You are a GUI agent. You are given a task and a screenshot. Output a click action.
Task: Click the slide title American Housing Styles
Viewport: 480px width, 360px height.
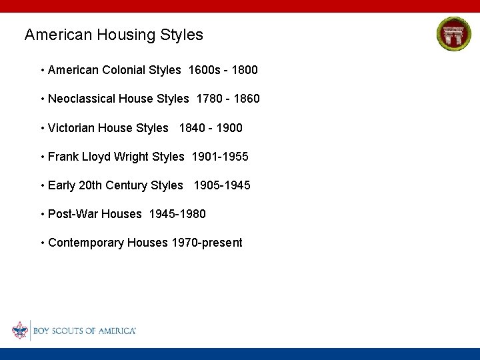click(113, 35)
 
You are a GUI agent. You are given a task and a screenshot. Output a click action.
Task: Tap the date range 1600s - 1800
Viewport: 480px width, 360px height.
click(223, 70)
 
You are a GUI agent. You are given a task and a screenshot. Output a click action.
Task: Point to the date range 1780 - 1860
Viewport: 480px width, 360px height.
click(228, 99)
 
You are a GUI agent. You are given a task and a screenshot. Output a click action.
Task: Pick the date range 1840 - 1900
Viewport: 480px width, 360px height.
click(211, 127)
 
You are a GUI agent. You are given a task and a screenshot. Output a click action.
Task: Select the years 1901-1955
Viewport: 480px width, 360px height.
click(220, 157)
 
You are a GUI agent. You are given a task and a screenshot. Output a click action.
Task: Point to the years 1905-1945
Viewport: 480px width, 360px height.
click(222, 185)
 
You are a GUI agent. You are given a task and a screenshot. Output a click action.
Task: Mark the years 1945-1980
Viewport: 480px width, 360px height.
click(177, 214)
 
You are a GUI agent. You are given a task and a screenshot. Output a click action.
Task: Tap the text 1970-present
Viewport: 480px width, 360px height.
click(207, 243)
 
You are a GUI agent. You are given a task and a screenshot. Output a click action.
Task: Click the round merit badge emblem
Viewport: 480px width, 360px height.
click(453, 34)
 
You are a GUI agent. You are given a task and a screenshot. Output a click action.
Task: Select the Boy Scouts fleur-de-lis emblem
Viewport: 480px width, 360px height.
click(20, 331)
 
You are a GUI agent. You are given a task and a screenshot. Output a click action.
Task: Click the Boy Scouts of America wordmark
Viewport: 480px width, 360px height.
click(85, 331)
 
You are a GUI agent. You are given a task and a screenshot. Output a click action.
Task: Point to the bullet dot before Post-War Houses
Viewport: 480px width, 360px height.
click(42, 214)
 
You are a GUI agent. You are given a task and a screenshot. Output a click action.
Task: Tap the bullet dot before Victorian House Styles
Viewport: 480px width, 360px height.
click(42, 127)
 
